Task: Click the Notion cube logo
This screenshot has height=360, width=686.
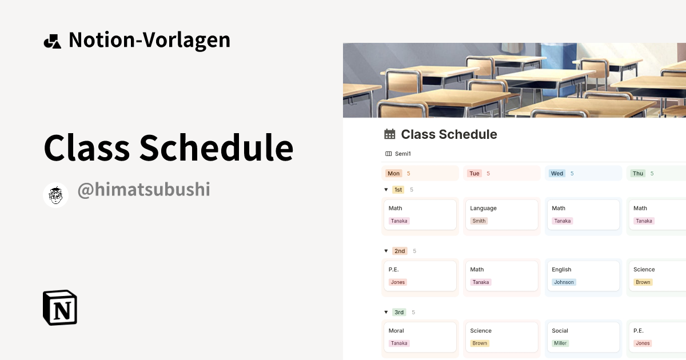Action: click(60, 307)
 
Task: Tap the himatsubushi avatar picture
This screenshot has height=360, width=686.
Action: click(56, 195)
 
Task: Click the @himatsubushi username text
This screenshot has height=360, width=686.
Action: click(143, 190)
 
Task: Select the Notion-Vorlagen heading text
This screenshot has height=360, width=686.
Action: click(149, 40)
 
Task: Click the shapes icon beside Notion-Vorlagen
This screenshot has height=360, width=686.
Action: click(52, 41)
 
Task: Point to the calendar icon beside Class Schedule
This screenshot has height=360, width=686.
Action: click(390, 134)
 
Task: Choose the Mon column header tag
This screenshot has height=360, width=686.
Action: click(393, 174)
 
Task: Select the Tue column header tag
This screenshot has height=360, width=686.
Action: click(474, 174)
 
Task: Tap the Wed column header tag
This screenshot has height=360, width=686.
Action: click(557, 174)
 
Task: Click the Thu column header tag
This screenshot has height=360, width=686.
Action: click(638, 174)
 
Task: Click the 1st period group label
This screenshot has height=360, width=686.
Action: click(398, 190)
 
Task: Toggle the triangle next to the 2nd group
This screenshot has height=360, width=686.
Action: click(386, 251)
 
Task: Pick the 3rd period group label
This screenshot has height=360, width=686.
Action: click(399, 312)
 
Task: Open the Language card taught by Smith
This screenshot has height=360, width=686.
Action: click(501, 214)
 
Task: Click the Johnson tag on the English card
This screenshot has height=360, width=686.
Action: click(564, 282)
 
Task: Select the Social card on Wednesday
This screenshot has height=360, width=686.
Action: click(583, 337)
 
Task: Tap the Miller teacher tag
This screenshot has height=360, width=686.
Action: click(560, 343)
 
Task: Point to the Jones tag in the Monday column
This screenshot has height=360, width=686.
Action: click(397, 282)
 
